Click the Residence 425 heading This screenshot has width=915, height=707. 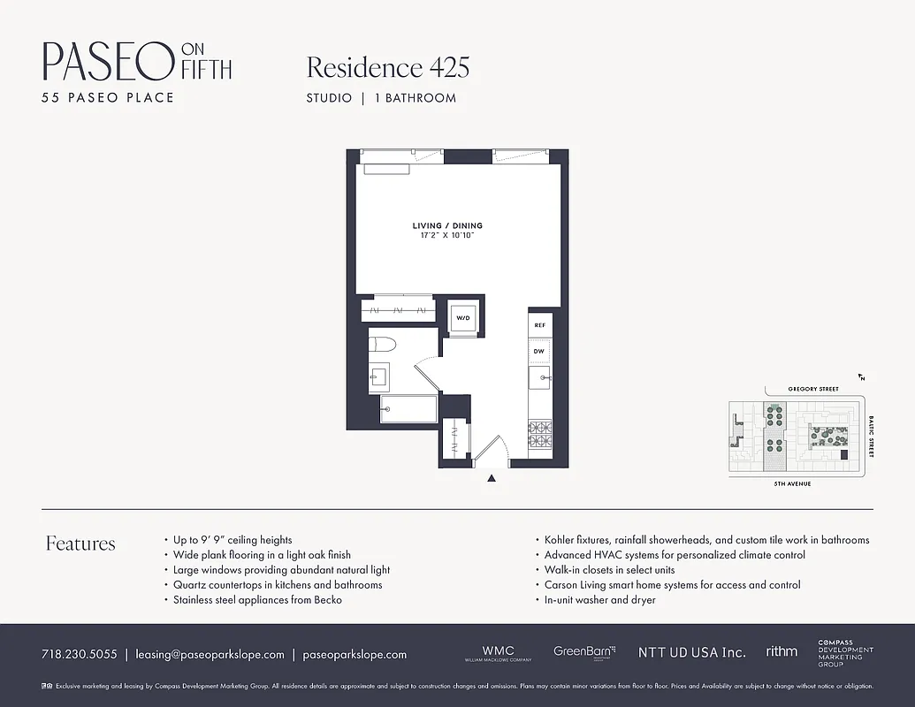(x=387, y=67)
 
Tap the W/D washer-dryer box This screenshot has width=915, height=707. (x=462, y=318)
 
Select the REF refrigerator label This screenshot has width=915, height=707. (x=539, y=325)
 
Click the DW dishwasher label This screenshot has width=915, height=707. (x=539, y=351)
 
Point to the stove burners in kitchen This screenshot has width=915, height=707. (x=539, y=432)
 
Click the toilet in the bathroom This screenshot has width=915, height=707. (x=385, y=345)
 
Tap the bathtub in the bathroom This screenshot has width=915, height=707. (x=408, y=409)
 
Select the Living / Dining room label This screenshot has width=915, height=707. (x=447, y=226)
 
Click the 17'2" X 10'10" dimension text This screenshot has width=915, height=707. (x=447, y=237)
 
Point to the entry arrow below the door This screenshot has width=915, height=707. (x=492, y=479)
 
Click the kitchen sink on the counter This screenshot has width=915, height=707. (x=539, y=380)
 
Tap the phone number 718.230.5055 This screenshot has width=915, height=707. (x=79, y=655)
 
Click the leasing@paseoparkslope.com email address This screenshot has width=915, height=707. (x=210, y=655)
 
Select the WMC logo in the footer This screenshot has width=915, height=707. (x=498, y=652)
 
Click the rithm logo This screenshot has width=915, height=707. (x=782, y=651)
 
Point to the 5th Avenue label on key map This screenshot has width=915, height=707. (x=792, y=484)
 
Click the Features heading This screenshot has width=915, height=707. (x=80, y=544)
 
